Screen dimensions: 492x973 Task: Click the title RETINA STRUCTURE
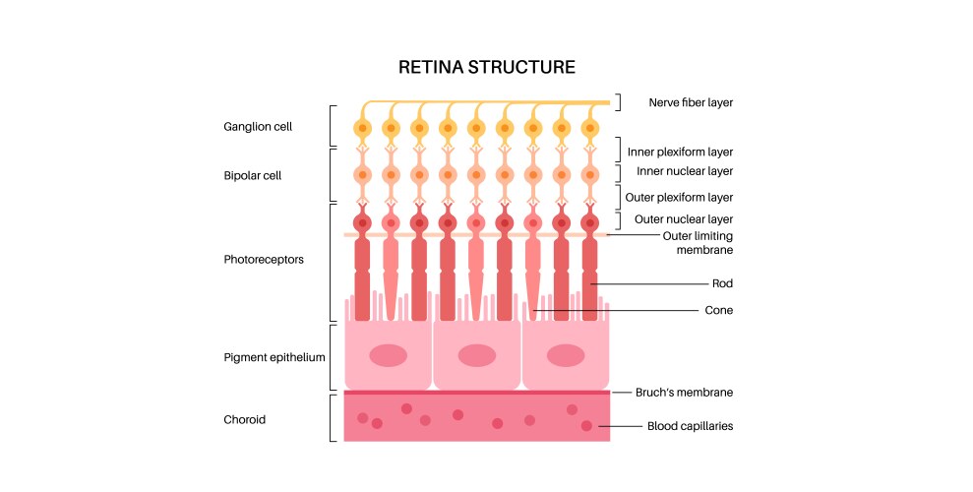486,68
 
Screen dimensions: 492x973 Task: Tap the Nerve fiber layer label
691,102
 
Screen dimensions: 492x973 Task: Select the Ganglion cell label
257,127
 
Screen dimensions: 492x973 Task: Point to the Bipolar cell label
253,174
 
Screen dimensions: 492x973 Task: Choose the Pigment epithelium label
274,357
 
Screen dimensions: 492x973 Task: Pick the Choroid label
245,419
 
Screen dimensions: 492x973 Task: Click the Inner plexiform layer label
680,152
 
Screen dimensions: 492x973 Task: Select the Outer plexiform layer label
680,197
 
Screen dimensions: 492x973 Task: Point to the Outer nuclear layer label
680,218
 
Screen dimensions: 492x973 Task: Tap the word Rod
723,283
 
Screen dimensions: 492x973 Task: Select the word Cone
719,310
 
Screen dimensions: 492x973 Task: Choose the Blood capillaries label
690,426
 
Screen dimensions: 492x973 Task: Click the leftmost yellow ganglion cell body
363,128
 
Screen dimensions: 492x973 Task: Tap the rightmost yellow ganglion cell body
590,128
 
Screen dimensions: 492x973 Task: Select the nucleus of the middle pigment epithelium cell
477,355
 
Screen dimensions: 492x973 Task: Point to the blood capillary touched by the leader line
587,426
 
